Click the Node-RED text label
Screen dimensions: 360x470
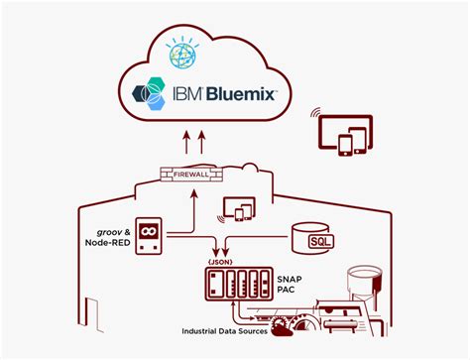click(x=108, y=242)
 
